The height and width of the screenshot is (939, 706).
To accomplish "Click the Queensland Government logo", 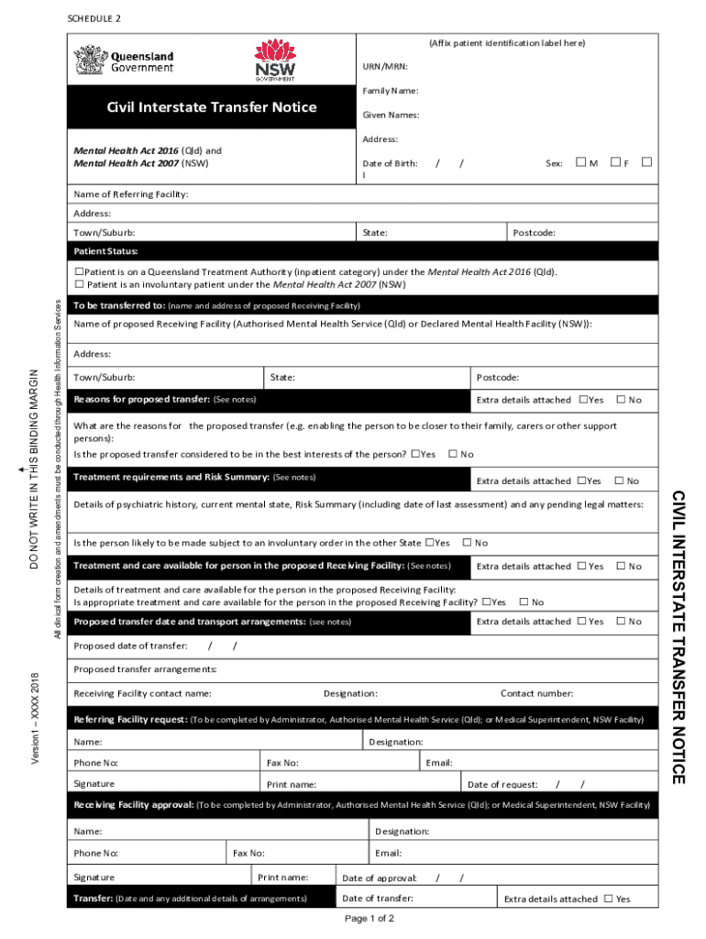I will pyautogui.click(x=124, y=61).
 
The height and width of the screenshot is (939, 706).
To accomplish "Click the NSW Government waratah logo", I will pyautogui.click(x=275, y=61).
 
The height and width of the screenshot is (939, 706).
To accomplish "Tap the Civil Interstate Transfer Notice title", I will pyautogui.click(x=212, y=107).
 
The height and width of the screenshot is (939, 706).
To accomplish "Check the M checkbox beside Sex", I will pyautogui.click(x=580, y=162).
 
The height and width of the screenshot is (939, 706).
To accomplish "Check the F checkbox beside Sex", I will pyautogui.click(x=615, y=162).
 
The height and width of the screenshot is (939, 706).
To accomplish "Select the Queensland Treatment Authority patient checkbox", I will pyautogui.click(x=80, y=272).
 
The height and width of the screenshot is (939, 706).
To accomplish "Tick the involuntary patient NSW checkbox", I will pyautogui.click(x=80, y=285).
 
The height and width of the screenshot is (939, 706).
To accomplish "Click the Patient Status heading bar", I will pyautogui.click(x=106, y=251).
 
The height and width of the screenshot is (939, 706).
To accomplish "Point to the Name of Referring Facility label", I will pyautogui.click(x=131, y=194).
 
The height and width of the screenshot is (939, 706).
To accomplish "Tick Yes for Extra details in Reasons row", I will pyautogui.click(x=583, y=400).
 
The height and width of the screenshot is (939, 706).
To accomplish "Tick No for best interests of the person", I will pyautogui.click(x=453, y=454).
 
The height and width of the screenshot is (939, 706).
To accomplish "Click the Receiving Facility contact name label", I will pyautogui.click(x=143, y=693).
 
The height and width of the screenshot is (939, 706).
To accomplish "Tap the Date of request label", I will pyautogui.click(x=502, y=784).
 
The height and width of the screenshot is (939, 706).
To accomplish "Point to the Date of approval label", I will pyautogui.click(x=380, y=878).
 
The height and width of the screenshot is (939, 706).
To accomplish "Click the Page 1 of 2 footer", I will pyautogui.click(x=370, y=918).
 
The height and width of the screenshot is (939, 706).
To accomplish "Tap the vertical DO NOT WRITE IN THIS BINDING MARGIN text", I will pyautogui.click(x=34, y=469).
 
